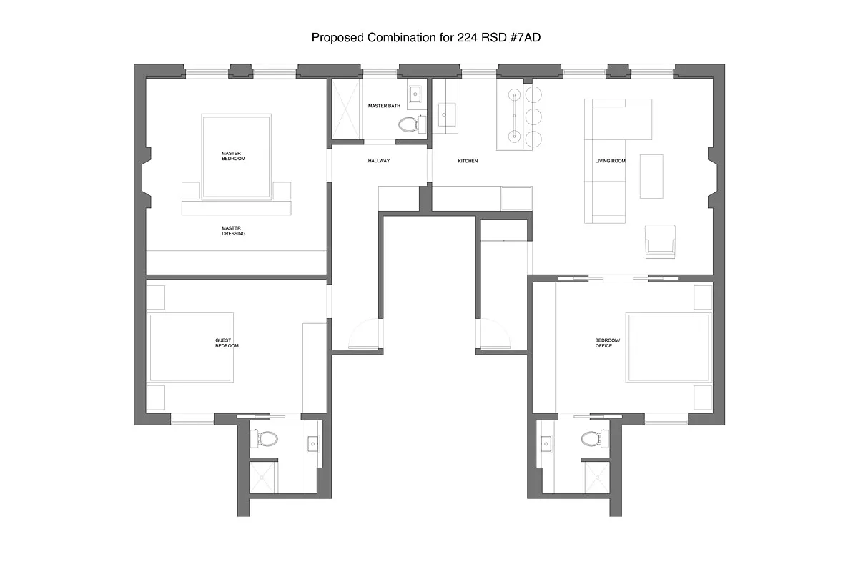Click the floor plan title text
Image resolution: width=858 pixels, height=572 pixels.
(425, 37)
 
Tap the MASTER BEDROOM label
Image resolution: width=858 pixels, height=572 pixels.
(233, 155)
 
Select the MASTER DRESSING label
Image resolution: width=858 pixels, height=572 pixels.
(233, 230)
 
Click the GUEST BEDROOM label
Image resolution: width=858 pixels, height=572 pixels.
(227, 343)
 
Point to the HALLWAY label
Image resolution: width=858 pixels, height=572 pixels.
(379, 161)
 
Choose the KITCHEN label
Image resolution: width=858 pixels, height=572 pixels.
(468, 161)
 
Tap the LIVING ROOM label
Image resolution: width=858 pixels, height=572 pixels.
(610, 161)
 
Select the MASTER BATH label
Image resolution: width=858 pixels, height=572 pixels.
(384, 106)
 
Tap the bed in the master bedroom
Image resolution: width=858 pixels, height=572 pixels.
(237, 157)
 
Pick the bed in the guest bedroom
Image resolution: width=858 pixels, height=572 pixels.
(191, 347)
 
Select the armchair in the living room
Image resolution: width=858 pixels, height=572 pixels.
(660, 241)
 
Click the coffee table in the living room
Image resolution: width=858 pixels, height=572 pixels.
(651, 176)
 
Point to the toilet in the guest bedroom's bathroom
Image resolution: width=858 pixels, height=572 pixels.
(267, 438)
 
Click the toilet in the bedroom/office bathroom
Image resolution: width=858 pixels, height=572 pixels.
(592, 438)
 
